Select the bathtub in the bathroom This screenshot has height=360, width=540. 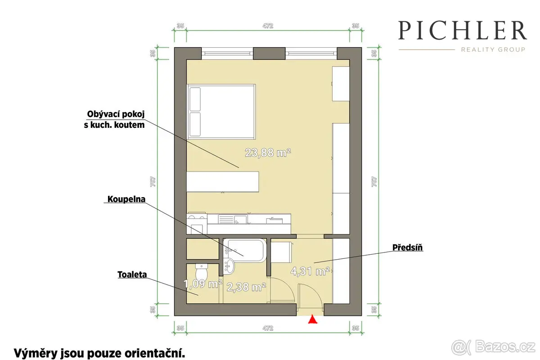(x=244, y=250)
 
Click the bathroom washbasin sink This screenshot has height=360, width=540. (x=229, y=266)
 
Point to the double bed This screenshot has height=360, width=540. (x=221, y=112)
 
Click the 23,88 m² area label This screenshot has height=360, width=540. (x=268, y=153)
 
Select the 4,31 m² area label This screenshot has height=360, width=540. (x=310, y=271)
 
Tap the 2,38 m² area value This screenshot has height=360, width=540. (x=246, y=287)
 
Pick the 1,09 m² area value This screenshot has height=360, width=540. (x=203, y=284)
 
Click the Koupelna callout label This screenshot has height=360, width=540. (x=126, y=199)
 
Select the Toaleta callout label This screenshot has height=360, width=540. (x=132, y=274)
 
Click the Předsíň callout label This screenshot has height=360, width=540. (x=407, y=247)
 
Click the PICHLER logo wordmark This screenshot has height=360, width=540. (x=463, y=30)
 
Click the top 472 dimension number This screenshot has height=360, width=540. (x=268, y=26)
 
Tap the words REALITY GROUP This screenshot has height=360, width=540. (x=493, y=49)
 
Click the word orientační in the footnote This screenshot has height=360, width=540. (x=154, y=354)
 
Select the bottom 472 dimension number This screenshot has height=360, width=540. (x=268, y=328)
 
